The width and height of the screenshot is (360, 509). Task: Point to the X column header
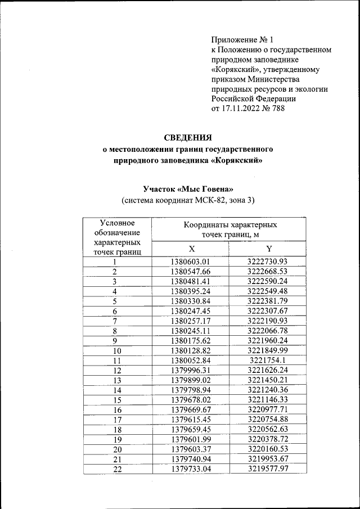point(191,249)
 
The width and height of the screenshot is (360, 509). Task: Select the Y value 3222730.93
point(268,262)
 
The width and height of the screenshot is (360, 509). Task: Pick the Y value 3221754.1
point(268,361)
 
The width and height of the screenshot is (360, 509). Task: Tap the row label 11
point(116,361)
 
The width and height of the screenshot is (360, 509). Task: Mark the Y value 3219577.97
point(268,470)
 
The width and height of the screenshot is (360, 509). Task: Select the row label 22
point(116,470)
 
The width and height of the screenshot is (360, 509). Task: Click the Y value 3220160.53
point(268,450)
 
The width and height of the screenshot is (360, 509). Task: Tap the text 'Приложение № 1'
point(242,40)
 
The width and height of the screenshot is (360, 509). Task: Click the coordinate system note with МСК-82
point(188,200)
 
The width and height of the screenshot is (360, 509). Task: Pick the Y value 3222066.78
point(268,331)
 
